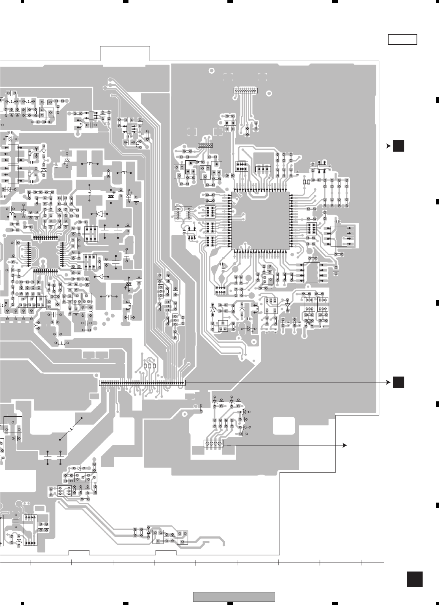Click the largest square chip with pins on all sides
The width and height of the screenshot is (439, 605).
(260, 221)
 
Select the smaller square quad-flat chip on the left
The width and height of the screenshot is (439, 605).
(45, 254)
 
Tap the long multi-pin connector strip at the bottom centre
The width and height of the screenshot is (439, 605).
(142, 382)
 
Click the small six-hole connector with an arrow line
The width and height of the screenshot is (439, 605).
(205, 145)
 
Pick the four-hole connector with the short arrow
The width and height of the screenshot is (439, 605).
(214, 444)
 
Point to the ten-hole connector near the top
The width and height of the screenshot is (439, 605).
(246, 91)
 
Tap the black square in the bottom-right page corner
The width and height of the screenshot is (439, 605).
(415, 579)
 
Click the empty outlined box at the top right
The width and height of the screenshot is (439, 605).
(402, 40)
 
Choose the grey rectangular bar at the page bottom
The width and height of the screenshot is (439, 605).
(234, 597)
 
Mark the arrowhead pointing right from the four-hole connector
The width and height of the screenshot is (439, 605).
(345, 445)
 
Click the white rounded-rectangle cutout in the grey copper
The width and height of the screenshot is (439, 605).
(283, 425)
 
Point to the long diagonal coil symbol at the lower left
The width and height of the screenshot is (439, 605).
(71, 429)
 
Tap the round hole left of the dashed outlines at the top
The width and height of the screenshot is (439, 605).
(212, 71)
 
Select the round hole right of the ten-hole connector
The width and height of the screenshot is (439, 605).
(269, 94)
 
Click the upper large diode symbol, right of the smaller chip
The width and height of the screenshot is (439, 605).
(99, 214)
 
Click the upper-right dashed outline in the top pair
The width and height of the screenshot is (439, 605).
(262, 77)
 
